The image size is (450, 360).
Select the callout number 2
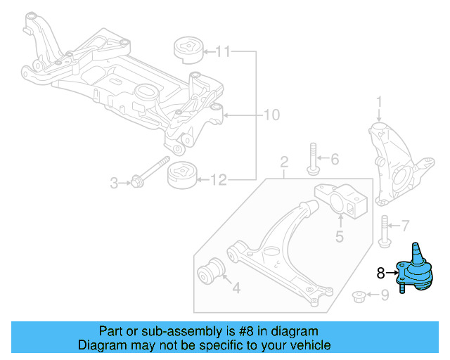tap(284, 164)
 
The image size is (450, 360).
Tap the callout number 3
tap(114, 184)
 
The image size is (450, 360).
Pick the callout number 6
tap(334, 160)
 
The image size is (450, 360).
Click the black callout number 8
tap(381, 274)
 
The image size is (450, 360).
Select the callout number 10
tap(271, 115)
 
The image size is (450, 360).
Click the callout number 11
tap(223, 51)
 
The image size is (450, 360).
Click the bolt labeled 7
tap(384, 231)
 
